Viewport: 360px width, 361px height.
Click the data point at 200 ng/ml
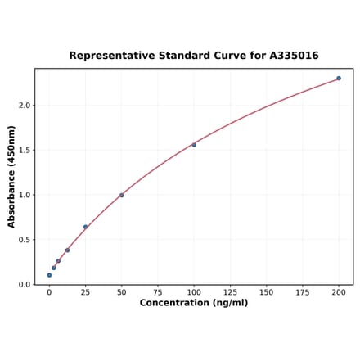pyautogui.click(x=339, y=79)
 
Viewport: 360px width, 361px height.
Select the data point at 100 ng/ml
pyautogui.click(x=194, y=145)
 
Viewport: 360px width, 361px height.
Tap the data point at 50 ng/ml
pyautogui.click(x=122, y=195)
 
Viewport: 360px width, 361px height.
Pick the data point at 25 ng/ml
pyautogui.click(x=85, y=227)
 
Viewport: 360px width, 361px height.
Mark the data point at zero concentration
pyautogui.click(x=49, y=275)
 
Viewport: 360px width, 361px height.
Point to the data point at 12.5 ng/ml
pyautogui.click(x=67, y=250)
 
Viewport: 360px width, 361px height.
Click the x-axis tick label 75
pyautogui.click(x=158, y=292)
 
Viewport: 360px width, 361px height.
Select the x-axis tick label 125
pyautogui.click(x=230, y=292)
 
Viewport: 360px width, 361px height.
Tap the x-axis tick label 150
pyautogui.click(x=266, y=292)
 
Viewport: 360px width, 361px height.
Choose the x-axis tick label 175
pyautogui.click(x=303, y=292)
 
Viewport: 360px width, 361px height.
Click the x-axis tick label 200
pyautogui.click(x=339, y=292)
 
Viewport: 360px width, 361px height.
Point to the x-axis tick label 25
pyautogui.click(x=85, y=292)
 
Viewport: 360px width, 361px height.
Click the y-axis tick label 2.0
pyautogui.click(x=25, y=106)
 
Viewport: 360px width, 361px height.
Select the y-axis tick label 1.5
pyautogui.click(x=25, y=151)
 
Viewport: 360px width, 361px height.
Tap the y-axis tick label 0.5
pyautogui.click(x=25, y=240)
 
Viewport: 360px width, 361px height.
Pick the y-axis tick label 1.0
pyautogui.click(x=25, y=195)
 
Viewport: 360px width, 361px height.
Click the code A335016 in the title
pyautogui.click(x=292, y=56)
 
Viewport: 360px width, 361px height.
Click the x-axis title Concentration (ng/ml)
pyautogui.click(x=194, y=303)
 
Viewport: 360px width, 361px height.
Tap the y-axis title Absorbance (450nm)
pyautogui.click(x=11, y=176)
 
